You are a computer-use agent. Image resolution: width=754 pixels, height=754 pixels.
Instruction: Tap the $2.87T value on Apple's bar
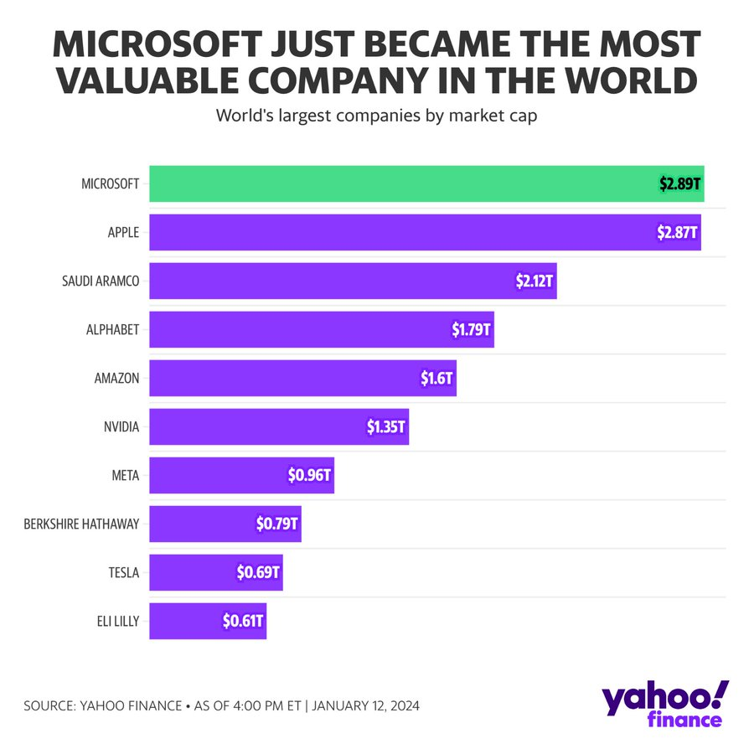[677, 232]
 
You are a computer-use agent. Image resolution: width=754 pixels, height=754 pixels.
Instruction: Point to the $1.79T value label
[472, 329]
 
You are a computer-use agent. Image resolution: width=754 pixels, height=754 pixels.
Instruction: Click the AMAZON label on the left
[116, 378]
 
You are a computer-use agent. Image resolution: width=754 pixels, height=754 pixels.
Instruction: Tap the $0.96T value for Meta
[309, 475]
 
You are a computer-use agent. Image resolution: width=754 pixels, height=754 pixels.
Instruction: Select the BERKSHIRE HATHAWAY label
[81, 524]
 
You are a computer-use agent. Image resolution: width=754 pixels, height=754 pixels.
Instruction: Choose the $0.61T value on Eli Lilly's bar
[243, 622]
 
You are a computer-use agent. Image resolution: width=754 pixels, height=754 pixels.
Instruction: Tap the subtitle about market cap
[376, 116]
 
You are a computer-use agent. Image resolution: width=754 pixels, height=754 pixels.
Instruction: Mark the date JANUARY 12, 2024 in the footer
[364, 705]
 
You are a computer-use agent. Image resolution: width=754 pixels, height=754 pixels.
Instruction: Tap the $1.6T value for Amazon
[436, 378]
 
